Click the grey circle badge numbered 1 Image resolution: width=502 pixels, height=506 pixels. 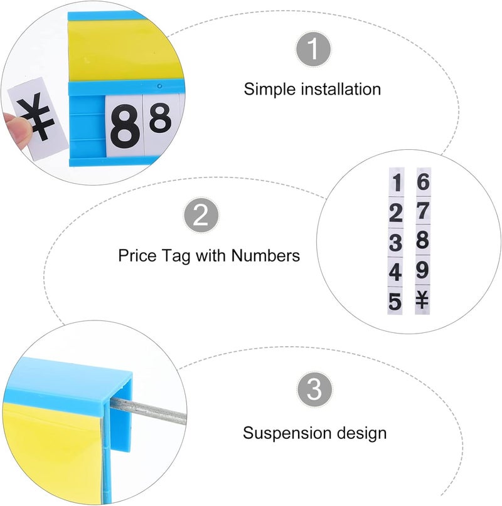(312, 50)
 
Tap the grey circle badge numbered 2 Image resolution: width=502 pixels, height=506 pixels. (200, 216)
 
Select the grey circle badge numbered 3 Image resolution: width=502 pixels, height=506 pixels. (314, 391)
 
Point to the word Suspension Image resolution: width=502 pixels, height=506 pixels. (283, 433)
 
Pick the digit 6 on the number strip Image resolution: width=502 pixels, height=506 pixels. (424, 182)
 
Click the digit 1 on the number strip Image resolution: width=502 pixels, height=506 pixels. (396, 184)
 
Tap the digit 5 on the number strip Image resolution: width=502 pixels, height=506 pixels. (395, 302)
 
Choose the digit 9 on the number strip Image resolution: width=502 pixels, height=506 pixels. (423, 271)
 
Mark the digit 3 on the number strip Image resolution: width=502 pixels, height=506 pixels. (395, 243)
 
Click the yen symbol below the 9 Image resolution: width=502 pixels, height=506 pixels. (423, 301)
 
